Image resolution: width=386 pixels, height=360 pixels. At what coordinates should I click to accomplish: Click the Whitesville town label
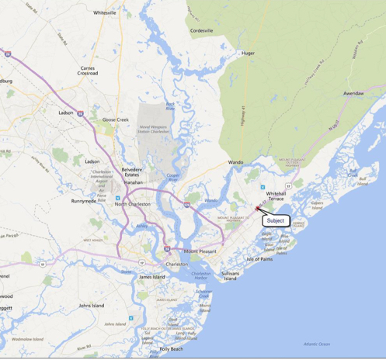[104, 13]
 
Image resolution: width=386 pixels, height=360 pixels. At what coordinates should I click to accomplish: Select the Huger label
[248, 54]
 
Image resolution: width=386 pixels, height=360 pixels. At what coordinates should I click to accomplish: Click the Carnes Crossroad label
[88, 71]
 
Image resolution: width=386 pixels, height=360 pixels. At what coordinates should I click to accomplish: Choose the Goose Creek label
[115, 120]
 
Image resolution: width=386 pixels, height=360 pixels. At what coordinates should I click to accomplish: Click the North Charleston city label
[133, 204]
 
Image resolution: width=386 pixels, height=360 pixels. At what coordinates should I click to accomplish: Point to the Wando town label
[235, 162]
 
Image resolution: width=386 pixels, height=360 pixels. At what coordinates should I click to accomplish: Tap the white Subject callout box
[276, 220]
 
